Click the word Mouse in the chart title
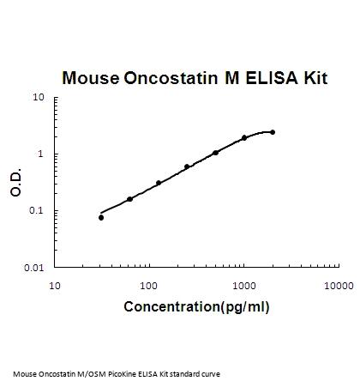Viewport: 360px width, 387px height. pos(91,77)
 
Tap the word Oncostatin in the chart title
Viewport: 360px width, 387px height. pos(171,77)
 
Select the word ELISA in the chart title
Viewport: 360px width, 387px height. pos(272,77)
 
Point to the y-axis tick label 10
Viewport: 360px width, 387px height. pos(39,97)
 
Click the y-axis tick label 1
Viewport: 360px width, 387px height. pos(40,154)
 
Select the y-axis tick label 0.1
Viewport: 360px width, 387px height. pos(36,210)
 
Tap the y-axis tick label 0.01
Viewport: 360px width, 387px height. pos(34,268)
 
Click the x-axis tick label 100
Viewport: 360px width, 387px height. pos(148,286)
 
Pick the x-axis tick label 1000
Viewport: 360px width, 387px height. pos(243,286)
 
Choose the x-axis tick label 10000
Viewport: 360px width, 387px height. pos(339,286)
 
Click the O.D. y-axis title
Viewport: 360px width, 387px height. pos(15,183)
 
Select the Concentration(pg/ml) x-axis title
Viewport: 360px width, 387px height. pos(196,307)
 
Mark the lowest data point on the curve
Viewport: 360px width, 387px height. pos(101,218)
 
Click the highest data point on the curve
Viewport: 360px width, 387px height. pos(273,132)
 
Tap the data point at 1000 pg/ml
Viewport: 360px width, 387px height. pos(244,138)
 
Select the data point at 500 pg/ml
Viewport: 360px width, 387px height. pos(215,153)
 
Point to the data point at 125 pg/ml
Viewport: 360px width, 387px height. pos(159,183)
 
